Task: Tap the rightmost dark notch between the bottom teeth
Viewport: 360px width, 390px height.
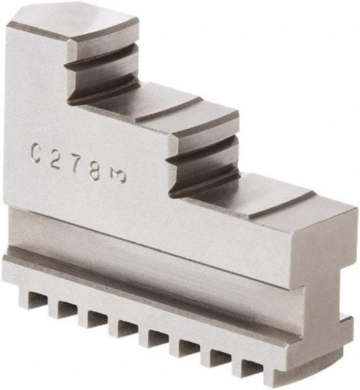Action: (250, 368)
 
